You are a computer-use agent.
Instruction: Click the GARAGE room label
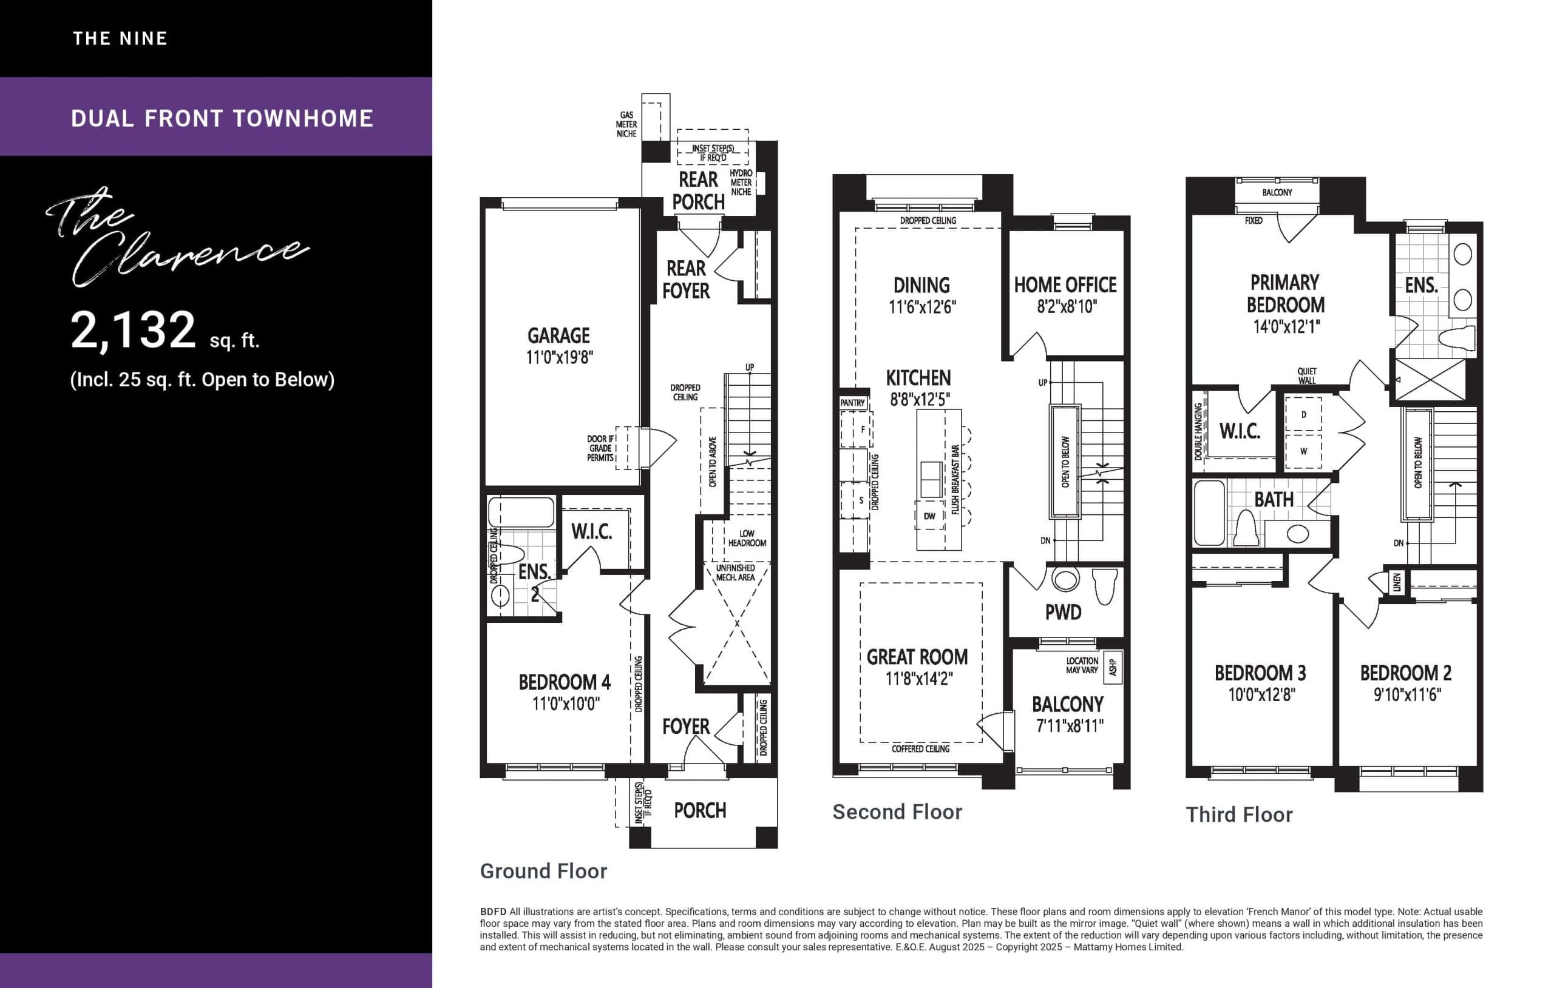pyautogui.click(x=558, y=335)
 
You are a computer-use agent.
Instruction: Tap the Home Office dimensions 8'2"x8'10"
pyautogui.click(x=1067, y=307)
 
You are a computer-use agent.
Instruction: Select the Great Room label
pyautogui.click(x=917, y=657)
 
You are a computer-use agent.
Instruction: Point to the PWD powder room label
pyautogui.click(x=1063, y=612)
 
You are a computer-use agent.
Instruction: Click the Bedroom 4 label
pyautogui.click(x=564, y=682)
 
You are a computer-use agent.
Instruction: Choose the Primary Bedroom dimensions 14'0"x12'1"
pyautogui.click(x=1286, y=327)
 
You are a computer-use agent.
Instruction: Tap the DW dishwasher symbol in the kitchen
pyautogui.click(x=929, y=516)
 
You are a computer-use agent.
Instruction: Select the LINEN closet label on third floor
pyautogui.click(x=1397, y=582)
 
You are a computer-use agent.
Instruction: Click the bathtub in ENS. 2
pyautogui.click(x=521, y=512)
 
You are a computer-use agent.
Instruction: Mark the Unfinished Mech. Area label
pyautogui.click(x=735, y=573)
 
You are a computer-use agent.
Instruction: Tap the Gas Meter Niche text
pyautogui.click(x=626, y=124)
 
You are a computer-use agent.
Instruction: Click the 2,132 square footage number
pyautogui.click(x=133, y=330)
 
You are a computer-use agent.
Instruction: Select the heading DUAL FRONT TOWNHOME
pyautogui.click(x=222, y=118)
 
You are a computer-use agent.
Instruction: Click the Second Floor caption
pyautogui.click(x=897, y=812)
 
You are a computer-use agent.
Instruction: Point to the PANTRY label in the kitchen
pyautogui.click(x=852, y=403)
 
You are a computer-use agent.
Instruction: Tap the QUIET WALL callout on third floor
pyautogui.click(x=1307, y=375)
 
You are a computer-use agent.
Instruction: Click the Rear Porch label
pyautogui.click(x=697, y=190)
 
